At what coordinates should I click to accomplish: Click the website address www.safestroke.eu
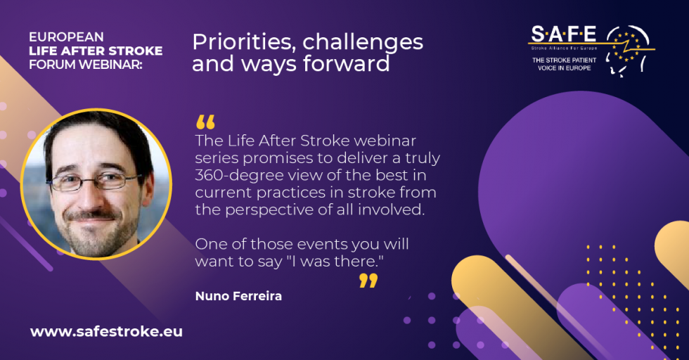click(x=106, y=331)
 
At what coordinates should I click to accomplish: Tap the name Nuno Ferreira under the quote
click(x=238, y=296)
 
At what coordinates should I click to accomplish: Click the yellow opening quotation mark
click(x=205, y=122)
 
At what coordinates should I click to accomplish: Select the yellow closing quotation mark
click(x=368, y=281)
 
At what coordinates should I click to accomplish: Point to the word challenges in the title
click(x=363, y=43)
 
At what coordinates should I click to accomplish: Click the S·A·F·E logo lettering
click(x=564, y=34)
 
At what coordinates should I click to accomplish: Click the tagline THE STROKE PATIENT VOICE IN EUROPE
click(x=564, y=64)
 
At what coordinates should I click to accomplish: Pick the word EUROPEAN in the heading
click(x=66, y=37)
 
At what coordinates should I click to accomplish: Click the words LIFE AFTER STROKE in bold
click(x=96, y=51)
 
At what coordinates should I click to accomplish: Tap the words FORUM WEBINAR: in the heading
click(x=86, y=64)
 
